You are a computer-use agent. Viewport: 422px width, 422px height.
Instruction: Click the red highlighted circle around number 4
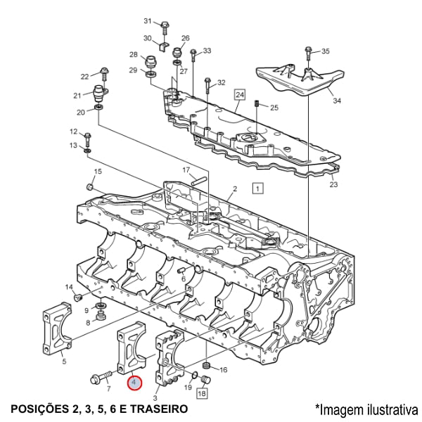pos(134,383)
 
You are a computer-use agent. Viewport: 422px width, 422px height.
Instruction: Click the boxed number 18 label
pos(201,394)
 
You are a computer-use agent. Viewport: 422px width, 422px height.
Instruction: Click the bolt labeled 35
pos(309,52)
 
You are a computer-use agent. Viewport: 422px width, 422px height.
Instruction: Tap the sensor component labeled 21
pos(101,94)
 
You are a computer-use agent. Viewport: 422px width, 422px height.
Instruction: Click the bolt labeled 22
pos(104,72)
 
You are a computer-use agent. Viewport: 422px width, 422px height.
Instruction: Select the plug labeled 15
pos(90,186)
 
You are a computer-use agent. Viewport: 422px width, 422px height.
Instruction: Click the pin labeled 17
pos(198,179)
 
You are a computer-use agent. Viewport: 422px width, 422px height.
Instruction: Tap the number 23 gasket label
pos(333,185)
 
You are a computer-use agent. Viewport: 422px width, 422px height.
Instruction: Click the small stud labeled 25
pos(257,105)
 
